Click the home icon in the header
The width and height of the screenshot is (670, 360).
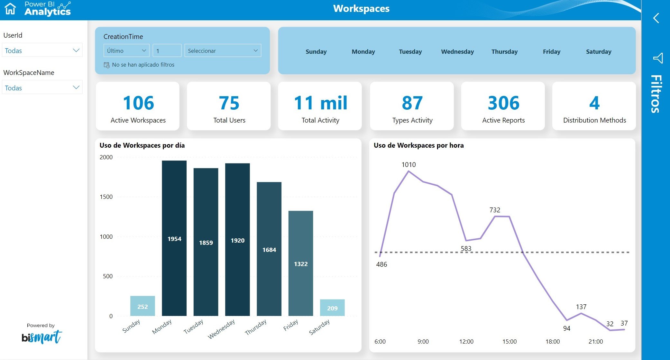pos(10,9)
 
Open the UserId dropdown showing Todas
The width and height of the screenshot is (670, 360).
pos(42,51)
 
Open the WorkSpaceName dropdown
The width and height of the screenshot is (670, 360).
pos(42,88)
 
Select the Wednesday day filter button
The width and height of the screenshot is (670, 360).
pos(457,51)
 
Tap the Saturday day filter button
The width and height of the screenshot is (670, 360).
pos(599,51)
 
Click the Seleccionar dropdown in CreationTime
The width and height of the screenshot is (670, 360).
pos(223,51)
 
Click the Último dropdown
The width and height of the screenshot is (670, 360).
pos(126,51)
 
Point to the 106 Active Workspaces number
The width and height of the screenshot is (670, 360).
pos(138,103)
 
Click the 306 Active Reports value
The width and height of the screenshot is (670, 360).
pos(503,103)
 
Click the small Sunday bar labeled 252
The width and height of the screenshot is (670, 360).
pos(142,306)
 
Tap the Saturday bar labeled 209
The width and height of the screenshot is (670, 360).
pos(332,308)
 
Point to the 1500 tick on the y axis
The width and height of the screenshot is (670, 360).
pos(106,197)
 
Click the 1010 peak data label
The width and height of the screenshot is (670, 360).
pos(408,164)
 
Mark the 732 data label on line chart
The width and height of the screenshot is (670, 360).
pos(495,210)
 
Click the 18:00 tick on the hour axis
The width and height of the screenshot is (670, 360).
pos(552,341)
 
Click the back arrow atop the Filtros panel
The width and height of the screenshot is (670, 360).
pos(656,18)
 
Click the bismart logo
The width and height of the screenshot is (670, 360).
pos(41,337)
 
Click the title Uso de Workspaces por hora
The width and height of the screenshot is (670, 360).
pos(418,145)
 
